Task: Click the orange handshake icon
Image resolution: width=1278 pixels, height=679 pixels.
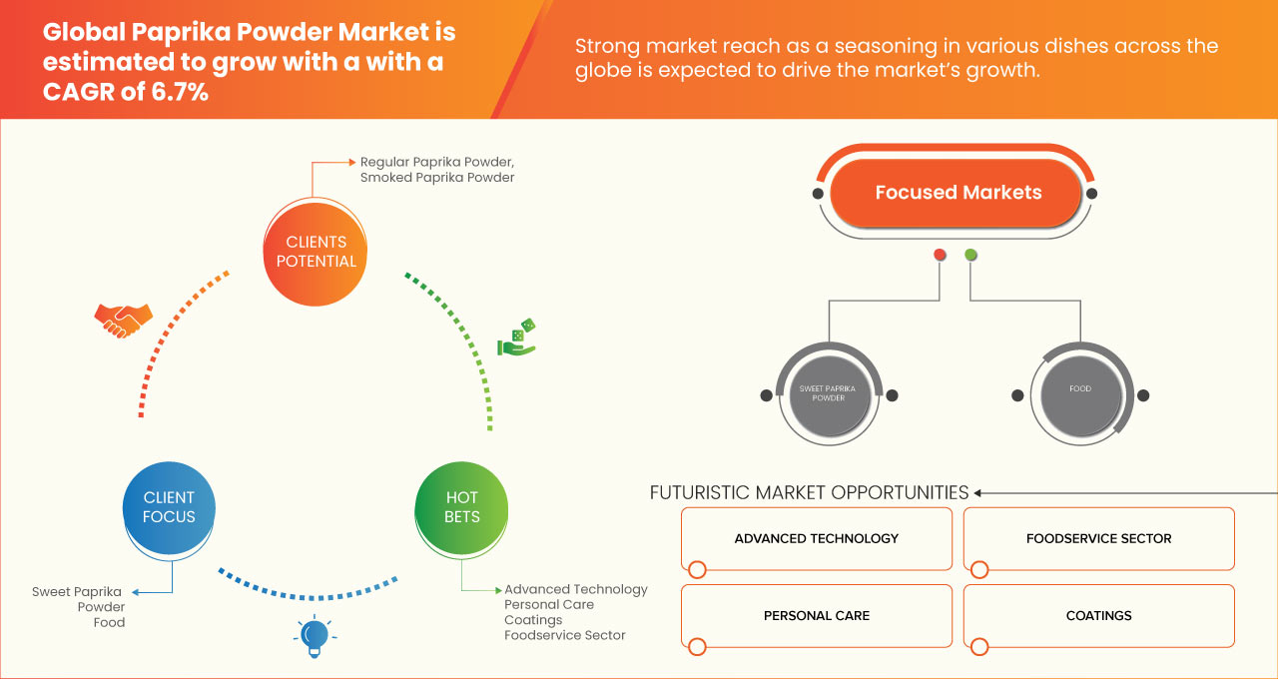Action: click(x=123, y=321)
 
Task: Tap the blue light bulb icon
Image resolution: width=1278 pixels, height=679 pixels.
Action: click(x=315, y=637)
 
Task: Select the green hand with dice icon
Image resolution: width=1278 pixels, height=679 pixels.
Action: click(x=517, y=338)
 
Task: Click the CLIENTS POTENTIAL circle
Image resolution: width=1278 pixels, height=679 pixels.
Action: click(x=316, y=253)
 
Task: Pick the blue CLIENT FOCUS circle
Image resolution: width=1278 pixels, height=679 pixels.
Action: click(x=169, y=508)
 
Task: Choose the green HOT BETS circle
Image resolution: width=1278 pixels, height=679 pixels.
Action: click(x=461, y=508)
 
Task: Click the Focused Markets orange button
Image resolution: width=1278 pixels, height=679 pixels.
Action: click(x=957, y=193)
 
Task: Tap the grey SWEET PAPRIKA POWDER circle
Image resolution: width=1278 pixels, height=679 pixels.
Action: click(x=829, y=394)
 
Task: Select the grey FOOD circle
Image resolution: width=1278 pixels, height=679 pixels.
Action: click(x=1080, y=394)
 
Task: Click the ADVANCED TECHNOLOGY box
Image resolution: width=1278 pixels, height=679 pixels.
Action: click(x=817, y=538)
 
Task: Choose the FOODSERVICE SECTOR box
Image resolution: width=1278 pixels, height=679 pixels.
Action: click(x=1099, y=538)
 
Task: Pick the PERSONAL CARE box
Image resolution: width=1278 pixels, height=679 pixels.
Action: click(x=817, y=616)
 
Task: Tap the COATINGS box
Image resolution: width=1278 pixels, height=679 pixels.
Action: click(x=1099, y=616)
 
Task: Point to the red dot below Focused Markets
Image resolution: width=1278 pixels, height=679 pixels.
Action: click(x=940, y=255)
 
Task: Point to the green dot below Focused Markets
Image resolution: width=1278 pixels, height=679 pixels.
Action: click(x=970, y=255)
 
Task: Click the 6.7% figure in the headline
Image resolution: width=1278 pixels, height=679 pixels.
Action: click(x=180, y=92)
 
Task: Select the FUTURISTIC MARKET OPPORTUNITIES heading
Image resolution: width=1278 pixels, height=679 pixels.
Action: click(x=809, y=492)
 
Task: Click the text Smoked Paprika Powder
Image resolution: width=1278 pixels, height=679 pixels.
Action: click(x=437, y=178)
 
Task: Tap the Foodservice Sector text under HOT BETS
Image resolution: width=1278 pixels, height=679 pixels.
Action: click(x=565, y=635)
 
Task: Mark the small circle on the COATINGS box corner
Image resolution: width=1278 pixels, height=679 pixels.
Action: click(x=979, y=646)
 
